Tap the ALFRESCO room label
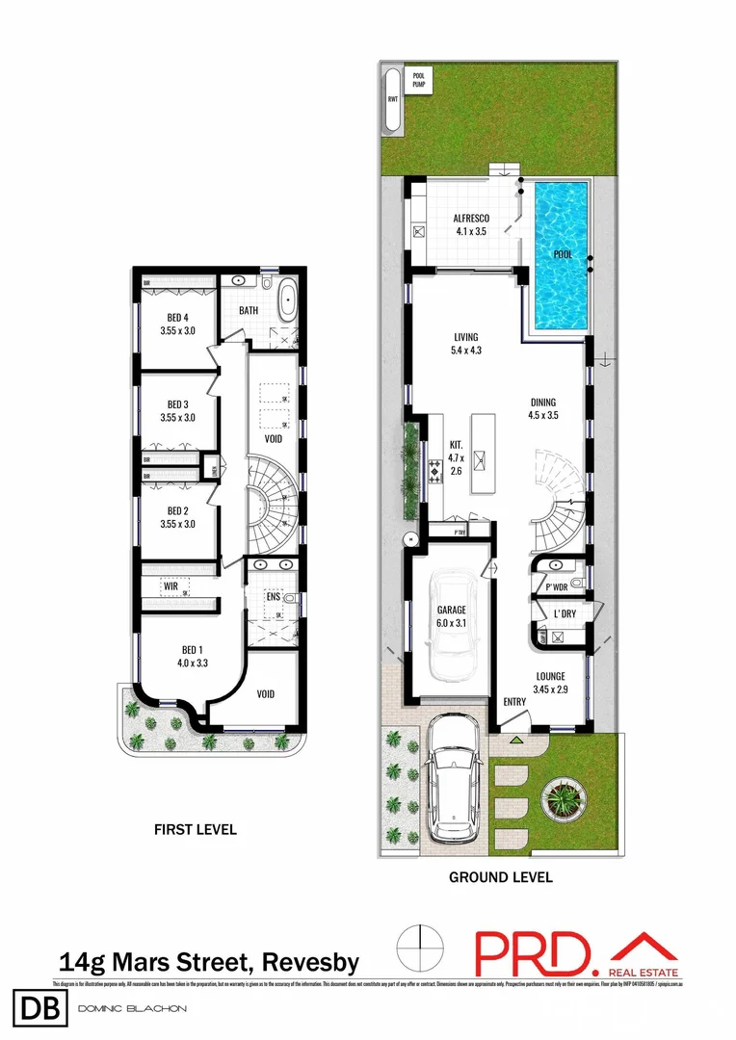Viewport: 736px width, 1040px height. pyautogui.click(x=472, y=219)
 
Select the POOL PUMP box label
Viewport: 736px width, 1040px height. pyautogui.click(x=418, y=79)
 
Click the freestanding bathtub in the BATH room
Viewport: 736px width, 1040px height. pyautogui.click(x=288, y=301)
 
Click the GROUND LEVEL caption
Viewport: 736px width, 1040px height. pyautogui.click(x=501, y=877)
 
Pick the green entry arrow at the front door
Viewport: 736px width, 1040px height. pyautogui.click(x=515, y=741)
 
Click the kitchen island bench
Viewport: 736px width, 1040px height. pyautogui.click(x=484, y=453)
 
